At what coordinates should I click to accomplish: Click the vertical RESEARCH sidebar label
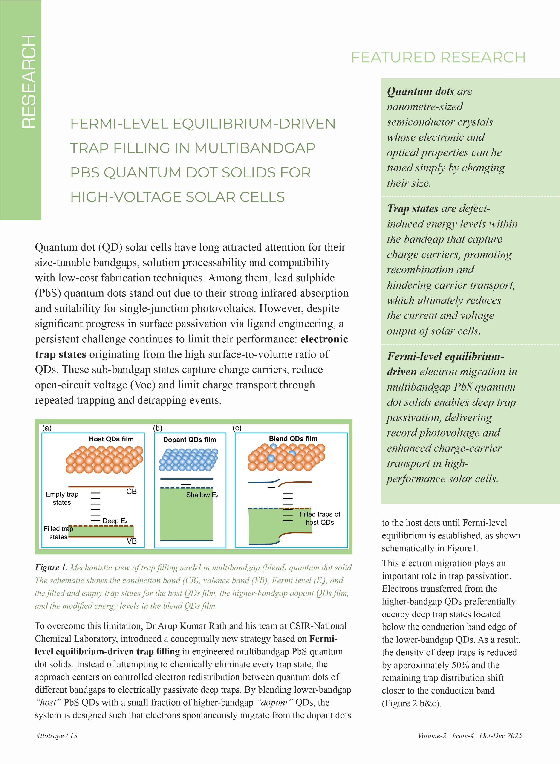[x=29, y=81]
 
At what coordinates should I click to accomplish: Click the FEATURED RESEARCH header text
[x=438, y=57]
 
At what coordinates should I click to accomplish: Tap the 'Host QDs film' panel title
[x=111, y=439]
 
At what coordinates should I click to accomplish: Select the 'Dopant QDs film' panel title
[x=190, y=440]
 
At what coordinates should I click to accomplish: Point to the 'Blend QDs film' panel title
[x=293, y=439]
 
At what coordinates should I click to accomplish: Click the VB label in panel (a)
[x=132, y=541]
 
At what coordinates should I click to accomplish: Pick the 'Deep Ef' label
[x=115, y=521]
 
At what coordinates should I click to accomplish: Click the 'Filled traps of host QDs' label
[x=320, y=518]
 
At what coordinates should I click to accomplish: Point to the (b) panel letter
[x=158, y=428]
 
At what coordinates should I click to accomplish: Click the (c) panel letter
[x=237, y=428]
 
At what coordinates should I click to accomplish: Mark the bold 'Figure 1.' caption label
[x=51, y=568]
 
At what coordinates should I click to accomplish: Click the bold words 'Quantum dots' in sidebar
[x=420, y=92]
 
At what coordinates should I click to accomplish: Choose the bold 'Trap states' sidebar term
[x=413, y=208]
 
